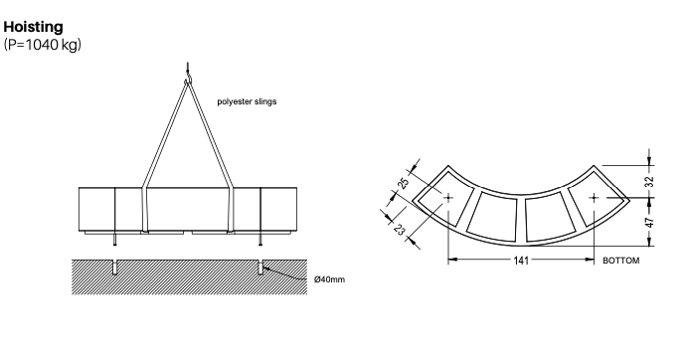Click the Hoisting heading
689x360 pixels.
point(35,26)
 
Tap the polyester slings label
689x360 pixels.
point(247,101)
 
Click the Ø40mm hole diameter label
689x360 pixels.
point(329,279)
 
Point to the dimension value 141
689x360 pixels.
point(520,261)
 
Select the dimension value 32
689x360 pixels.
point(649,180)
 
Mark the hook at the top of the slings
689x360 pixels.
point(186,71)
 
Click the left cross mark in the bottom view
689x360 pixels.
point(447,198)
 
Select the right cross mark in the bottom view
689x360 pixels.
point(594,198)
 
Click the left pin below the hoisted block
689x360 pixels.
point(115,240)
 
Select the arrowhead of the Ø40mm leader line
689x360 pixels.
point(266,268)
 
